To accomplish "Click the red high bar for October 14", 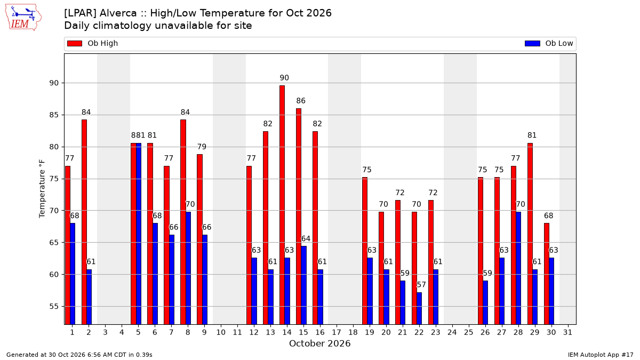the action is [x=282, y=205].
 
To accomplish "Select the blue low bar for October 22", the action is [x=419, y=308].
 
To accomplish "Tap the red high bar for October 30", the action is [x=546, y=274].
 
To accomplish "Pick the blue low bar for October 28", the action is [x=518, y=268].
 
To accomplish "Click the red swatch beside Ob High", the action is [x=75, y=43].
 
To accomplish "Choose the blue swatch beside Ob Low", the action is [x=532, y=43].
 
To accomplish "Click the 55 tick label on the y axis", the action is [x=54, y=306].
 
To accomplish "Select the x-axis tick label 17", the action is [x=337, y=332].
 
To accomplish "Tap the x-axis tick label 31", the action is [x=567, y=332].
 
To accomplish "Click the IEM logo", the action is [x=23, y=18].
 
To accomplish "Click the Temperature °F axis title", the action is [x=42, y=189].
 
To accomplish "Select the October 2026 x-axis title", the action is [x=319, y=343].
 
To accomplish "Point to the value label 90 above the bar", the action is [x=284, y=78].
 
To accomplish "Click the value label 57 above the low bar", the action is [x=421, y=285].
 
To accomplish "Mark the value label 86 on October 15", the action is [x=301, y=101].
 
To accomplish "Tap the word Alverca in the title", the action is [x=118, y=13].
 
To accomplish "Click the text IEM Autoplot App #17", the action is [x=601, y=355].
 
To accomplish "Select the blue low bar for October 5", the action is [x=139, y=234].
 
